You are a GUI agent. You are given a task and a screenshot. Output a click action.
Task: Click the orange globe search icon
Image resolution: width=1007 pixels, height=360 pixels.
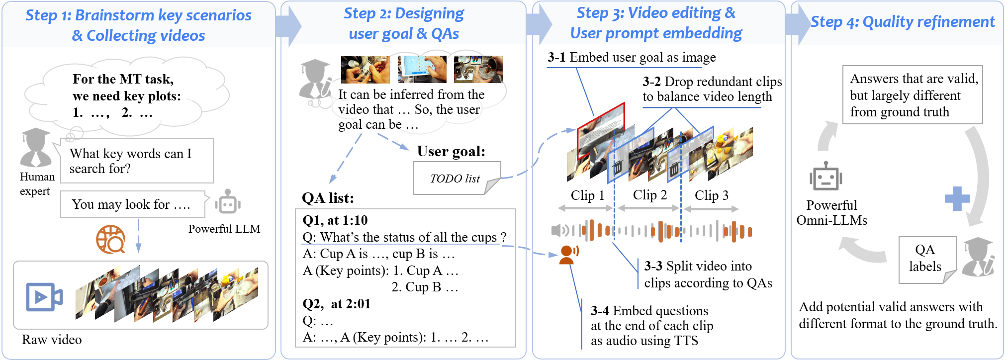pyautogui.click(x=110, y=239)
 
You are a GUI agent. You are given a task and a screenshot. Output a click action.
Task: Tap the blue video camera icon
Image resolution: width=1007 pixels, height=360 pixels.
pyautogui.click(x=44, y=297)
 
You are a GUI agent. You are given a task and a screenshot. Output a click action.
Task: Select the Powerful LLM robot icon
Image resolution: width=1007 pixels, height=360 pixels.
pyautogui.click(x=228, y=201)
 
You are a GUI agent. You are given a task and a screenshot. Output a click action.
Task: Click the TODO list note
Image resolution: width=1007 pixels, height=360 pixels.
pyautogui.click(x=457, y=178)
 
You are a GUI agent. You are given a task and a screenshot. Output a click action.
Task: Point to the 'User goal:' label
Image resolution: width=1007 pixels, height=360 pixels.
pyautogui.click(x=451, y=151)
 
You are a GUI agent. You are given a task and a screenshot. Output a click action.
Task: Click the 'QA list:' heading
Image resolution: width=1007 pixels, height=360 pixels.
pyautogui.click(x=328, y=198)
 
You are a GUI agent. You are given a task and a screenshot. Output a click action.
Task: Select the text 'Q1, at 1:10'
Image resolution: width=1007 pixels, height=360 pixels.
pyautogui.click(x=335, y=220)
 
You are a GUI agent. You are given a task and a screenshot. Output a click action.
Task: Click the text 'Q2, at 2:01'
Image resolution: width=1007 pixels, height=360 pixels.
pyautogui.click(x=337, y=303)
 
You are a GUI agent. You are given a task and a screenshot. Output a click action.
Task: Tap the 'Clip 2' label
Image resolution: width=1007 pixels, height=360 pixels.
pyautogui.click(x=649, y=195)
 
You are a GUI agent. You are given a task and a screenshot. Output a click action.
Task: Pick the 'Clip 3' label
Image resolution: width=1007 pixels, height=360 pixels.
pyautogui.click(x=712, y=195)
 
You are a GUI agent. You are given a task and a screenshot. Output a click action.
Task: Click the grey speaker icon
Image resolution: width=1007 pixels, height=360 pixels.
pyautogui.click(x=560, y=230)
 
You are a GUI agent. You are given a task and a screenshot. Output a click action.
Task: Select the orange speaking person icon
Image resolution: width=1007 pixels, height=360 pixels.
pyautogui.click(x=569, y=254)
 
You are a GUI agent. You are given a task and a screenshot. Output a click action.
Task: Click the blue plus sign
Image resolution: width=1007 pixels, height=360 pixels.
pyautogui.click(x=957, y=199)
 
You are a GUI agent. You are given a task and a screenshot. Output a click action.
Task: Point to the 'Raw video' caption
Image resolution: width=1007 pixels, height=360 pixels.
pyautogui.click(x=52, y=340)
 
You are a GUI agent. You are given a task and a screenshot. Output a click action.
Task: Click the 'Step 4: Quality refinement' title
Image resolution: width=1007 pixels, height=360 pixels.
pyautogui.click(x=903, y=22)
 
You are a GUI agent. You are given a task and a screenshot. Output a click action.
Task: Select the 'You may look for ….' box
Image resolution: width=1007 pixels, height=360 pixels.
pyautogui.click(x=133, y=204)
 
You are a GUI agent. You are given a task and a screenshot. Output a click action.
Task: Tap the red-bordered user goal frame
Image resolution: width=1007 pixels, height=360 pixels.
pyautogui.click(x=601, y=131)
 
